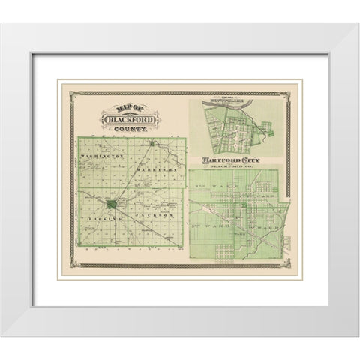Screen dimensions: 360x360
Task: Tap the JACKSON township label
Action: [159, 215]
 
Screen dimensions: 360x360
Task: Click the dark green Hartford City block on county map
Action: [112, 204]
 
